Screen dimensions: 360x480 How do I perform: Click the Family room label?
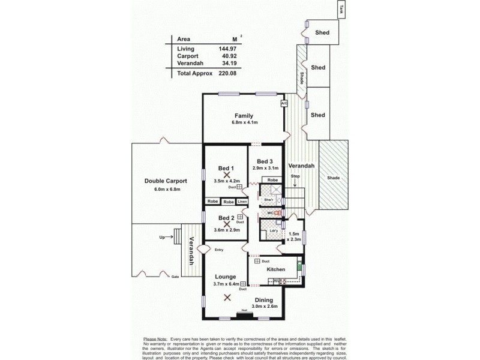coord(244,116)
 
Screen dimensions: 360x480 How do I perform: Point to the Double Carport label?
coord(166,181)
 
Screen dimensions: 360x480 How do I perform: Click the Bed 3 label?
coord(265,161)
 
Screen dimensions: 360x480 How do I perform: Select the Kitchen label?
coord(267,269)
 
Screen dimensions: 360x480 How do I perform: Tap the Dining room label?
coord(263,299)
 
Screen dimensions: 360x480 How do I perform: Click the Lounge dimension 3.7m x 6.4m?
coord(227,284)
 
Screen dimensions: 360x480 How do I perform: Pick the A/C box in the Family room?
coord(284,103)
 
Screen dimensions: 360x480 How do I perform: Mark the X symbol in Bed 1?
coord(227,175)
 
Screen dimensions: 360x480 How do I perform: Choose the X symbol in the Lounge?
coord(227,297)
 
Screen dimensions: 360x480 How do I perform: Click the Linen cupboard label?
coord(241,202)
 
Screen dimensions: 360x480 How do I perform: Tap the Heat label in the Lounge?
coord(244,310)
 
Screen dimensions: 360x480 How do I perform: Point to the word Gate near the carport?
coord(175,277)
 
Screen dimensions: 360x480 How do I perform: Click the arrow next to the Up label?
coord(169,238)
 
